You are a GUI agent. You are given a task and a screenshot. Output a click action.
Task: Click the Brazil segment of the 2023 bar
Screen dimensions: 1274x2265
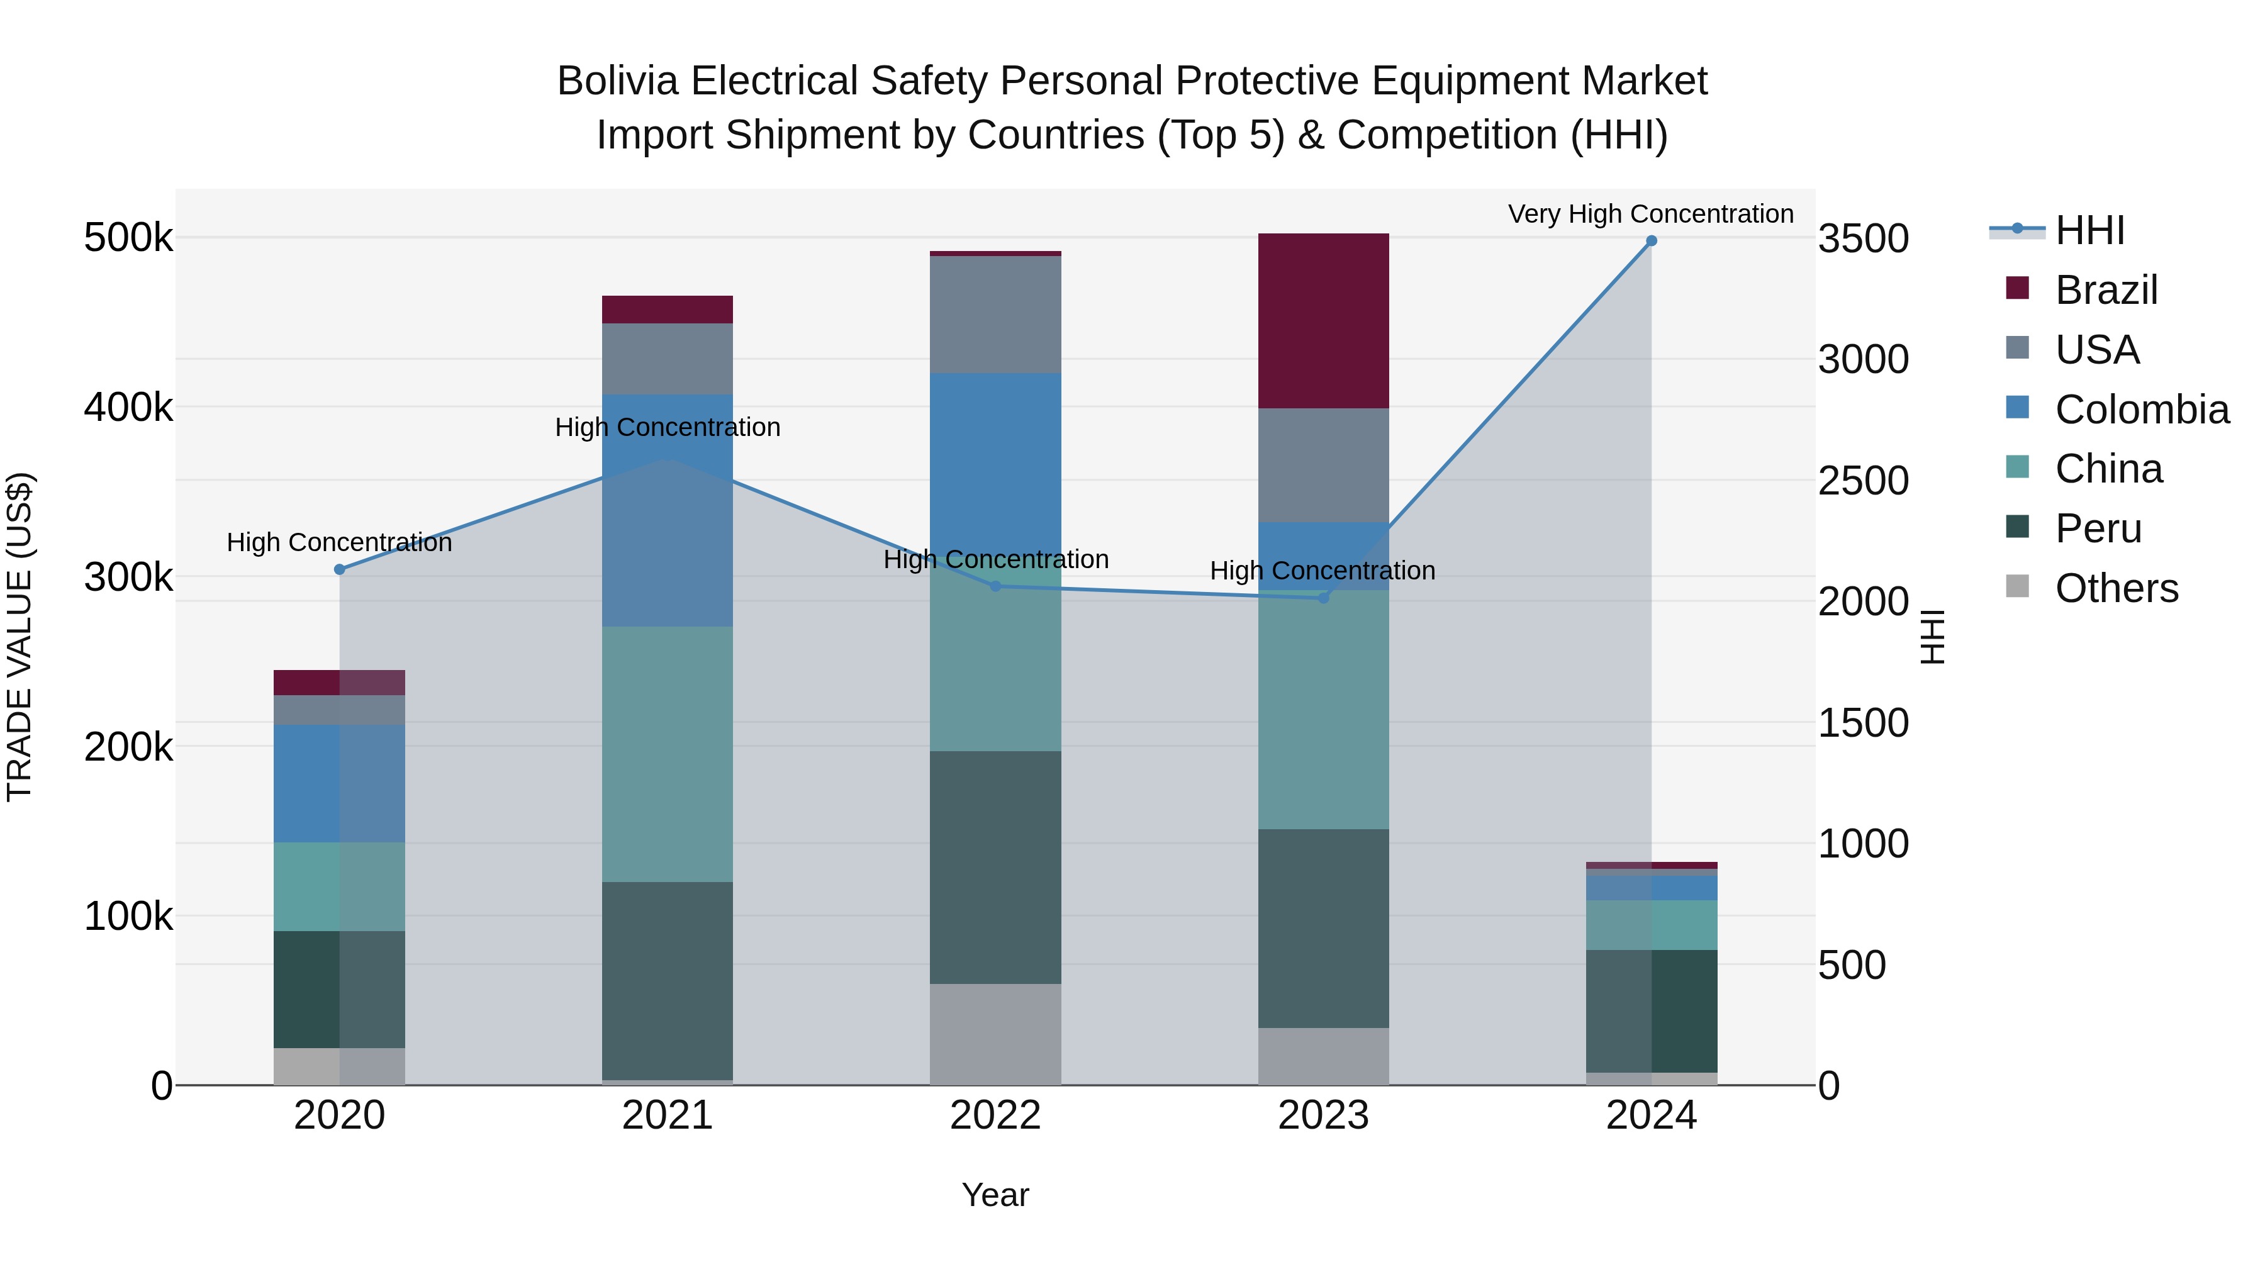coord(1323,320)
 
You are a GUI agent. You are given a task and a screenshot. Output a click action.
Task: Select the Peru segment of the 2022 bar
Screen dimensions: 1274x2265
coord(995,867)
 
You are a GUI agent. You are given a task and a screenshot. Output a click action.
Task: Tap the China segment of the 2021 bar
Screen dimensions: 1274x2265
coord(668,754)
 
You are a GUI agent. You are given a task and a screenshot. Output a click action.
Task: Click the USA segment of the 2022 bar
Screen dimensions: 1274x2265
coord(995,314)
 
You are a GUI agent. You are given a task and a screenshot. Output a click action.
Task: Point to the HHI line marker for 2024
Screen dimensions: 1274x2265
coord(1652,241)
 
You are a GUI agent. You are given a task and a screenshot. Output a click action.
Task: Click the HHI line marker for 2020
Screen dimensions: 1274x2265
coord(339,570)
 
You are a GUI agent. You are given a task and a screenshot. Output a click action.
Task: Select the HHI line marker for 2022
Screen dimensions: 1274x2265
coord(995,586)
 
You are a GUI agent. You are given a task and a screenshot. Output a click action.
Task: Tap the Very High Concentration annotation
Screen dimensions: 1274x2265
coord(1650,214)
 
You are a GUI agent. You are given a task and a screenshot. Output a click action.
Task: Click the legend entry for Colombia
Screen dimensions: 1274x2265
coord(2141,410)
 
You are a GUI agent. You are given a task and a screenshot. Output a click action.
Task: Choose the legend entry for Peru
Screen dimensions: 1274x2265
coord(2097,528)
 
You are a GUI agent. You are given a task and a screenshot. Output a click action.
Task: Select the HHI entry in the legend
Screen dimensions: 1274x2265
coord(2089,230)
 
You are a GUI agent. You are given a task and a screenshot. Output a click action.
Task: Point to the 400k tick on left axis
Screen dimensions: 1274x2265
coord(128,408)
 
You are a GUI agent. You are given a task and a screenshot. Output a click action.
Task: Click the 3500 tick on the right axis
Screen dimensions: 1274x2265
coord(1863,239)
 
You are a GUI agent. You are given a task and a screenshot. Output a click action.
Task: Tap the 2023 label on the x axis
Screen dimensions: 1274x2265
coord(1323,1115)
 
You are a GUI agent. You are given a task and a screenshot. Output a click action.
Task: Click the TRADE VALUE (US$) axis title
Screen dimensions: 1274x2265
coord(20,637)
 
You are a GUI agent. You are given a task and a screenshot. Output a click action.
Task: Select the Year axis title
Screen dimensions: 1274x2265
coord(995,1195)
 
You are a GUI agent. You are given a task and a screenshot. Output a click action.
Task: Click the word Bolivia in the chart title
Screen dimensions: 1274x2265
coord(619,81)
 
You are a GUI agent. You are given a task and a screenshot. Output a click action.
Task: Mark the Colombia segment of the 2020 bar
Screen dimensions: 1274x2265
coord(339,783)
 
